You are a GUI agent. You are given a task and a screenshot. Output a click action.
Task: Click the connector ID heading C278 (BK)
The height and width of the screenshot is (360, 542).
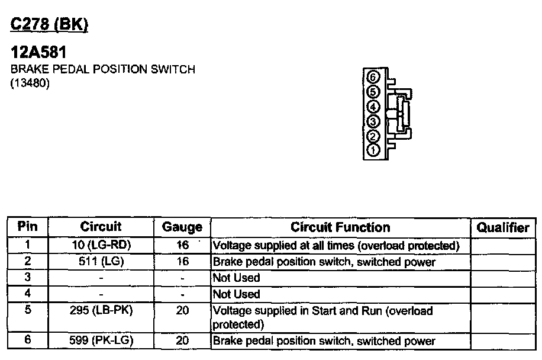[x=50, y=25]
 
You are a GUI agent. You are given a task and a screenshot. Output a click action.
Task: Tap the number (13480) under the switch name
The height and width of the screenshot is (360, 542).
[x=30, y=83]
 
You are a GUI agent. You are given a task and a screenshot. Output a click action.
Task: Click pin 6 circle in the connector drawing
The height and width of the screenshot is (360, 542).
[x=373, y=77]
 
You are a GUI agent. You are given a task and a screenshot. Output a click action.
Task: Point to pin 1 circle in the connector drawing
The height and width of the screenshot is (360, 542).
[x=373, y=150]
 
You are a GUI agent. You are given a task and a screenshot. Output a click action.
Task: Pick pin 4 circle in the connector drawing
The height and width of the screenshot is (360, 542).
[x=373, y=107]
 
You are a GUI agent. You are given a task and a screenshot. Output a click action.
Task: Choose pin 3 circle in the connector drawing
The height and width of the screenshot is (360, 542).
[x=373, y=121]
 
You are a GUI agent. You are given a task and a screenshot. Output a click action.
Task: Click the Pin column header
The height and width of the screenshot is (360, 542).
[x=28, y=227]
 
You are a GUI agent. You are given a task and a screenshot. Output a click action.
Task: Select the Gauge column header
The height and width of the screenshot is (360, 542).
[x=182, y=227]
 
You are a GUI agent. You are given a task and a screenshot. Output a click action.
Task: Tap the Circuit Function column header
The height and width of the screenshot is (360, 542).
[x=340, y=227]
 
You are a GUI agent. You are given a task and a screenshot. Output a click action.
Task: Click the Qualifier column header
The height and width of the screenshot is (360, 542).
[x=503, y=227]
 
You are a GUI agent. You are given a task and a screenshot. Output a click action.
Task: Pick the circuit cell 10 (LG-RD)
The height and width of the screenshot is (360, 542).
[x=101, y=245]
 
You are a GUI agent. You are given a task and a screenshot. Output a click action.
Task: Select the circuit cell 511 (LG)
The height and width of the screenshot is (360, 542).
[x=101, y=261]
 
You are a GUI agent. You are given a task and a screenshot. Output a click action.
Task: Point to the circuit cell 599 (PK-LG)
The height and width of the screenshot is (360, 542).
[x=101, y=340]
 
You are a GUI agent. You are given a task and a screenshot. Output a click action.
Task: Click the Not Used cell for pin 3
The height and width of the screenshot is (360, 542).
[x=236, y=278]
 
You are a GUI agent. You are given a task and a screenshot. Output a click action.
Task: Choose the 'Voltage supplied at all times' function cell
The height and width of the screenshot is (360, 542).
[x=335, y=245]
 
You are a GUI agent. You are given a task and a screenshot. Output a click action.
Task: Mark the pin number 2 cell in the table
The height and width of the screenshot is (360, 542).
[x=28, y=261]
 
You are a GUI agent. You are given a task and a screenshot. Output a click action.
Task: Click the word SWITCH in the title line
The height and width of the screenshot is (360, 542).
[x=173, y=69]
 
